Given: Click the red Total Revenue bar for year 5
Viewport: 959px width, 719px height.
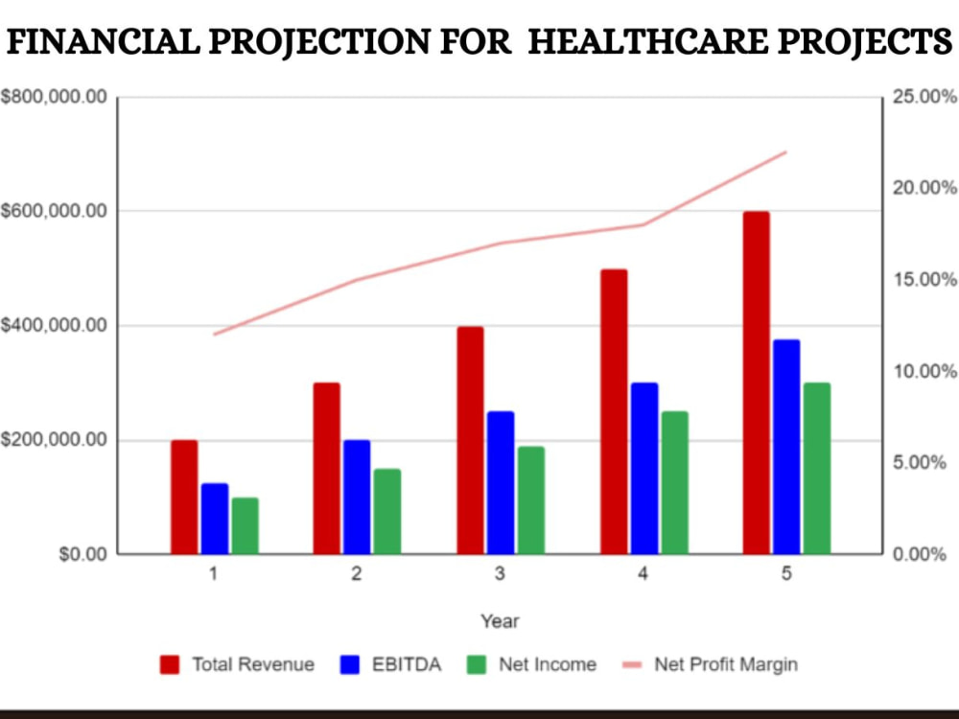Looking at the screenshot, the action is pyautogui.click(x=756, y=383).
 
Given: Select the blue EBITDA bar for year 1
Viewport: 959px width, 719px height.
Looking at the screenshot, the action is pyautogui.click(x=215, y=519).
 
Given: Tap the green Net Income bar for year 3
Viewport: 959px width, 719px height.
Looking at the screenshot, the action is pyautogui.click(x=531, y=500).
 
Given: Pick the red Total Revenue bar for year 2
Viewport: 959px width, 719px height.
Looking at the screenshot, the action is pyautogui.click(x=327, y=469).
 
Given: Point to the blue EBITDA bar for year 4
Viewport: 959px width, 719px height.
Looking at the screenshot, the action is pyautogui.click(x=644, y=469).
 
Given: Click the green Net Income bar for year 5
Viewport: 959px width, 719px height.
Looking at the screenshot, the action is pyautogui.click(x=817, y=469).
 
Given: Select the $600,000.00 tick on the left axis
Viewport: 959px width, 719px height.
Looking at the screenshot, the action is pyautogui.click(x=54, y=212).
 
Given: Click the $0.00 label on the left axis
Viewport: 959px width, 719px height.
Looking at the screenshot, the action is pyautogui.click(x=83, y=554).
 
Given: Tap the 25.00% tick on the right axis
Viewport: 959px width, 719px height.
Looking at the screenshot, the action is pyautogui.click(x=924, y=97).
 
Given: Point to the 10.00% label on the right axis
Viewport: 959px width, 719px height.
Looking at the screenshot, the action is pyautogui.click(x=924, y=371).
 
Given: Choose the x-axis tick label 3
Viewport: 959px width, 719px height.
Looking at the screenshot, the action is pyautogui.click(x=500, y=573).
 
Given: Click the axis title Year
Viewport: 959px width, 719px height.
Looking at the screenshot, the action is pyautogui.click(x=500, y=621).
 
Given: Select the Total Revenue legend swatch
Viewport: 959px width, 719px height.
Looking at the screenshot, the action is pyautogui.click(x=170, y=664).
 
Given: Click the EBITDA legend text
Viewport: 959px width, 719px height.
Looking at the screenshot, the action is pyautogui.click(x=407, y=664).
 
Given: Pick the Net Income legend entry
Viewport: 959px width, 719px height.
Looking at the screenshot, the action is pyautogui.click(x=531, y=664).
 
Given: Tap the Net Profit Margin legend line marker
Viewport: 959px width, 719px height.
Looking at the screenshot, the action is pyautogui.click(x=632, y=664).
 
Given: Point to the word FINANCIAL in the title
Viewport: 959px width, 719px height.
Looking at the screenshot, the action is pyautogui.click(x=103, y=41).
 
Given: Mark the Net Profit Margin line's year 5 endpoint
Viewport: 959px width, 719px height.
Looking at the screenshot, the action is pyautogui.click(x=786, y=151).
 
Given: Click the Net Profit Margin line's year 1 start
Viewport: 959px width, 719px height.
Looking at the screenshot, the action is pyautogui.click(x=214, y=335).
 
